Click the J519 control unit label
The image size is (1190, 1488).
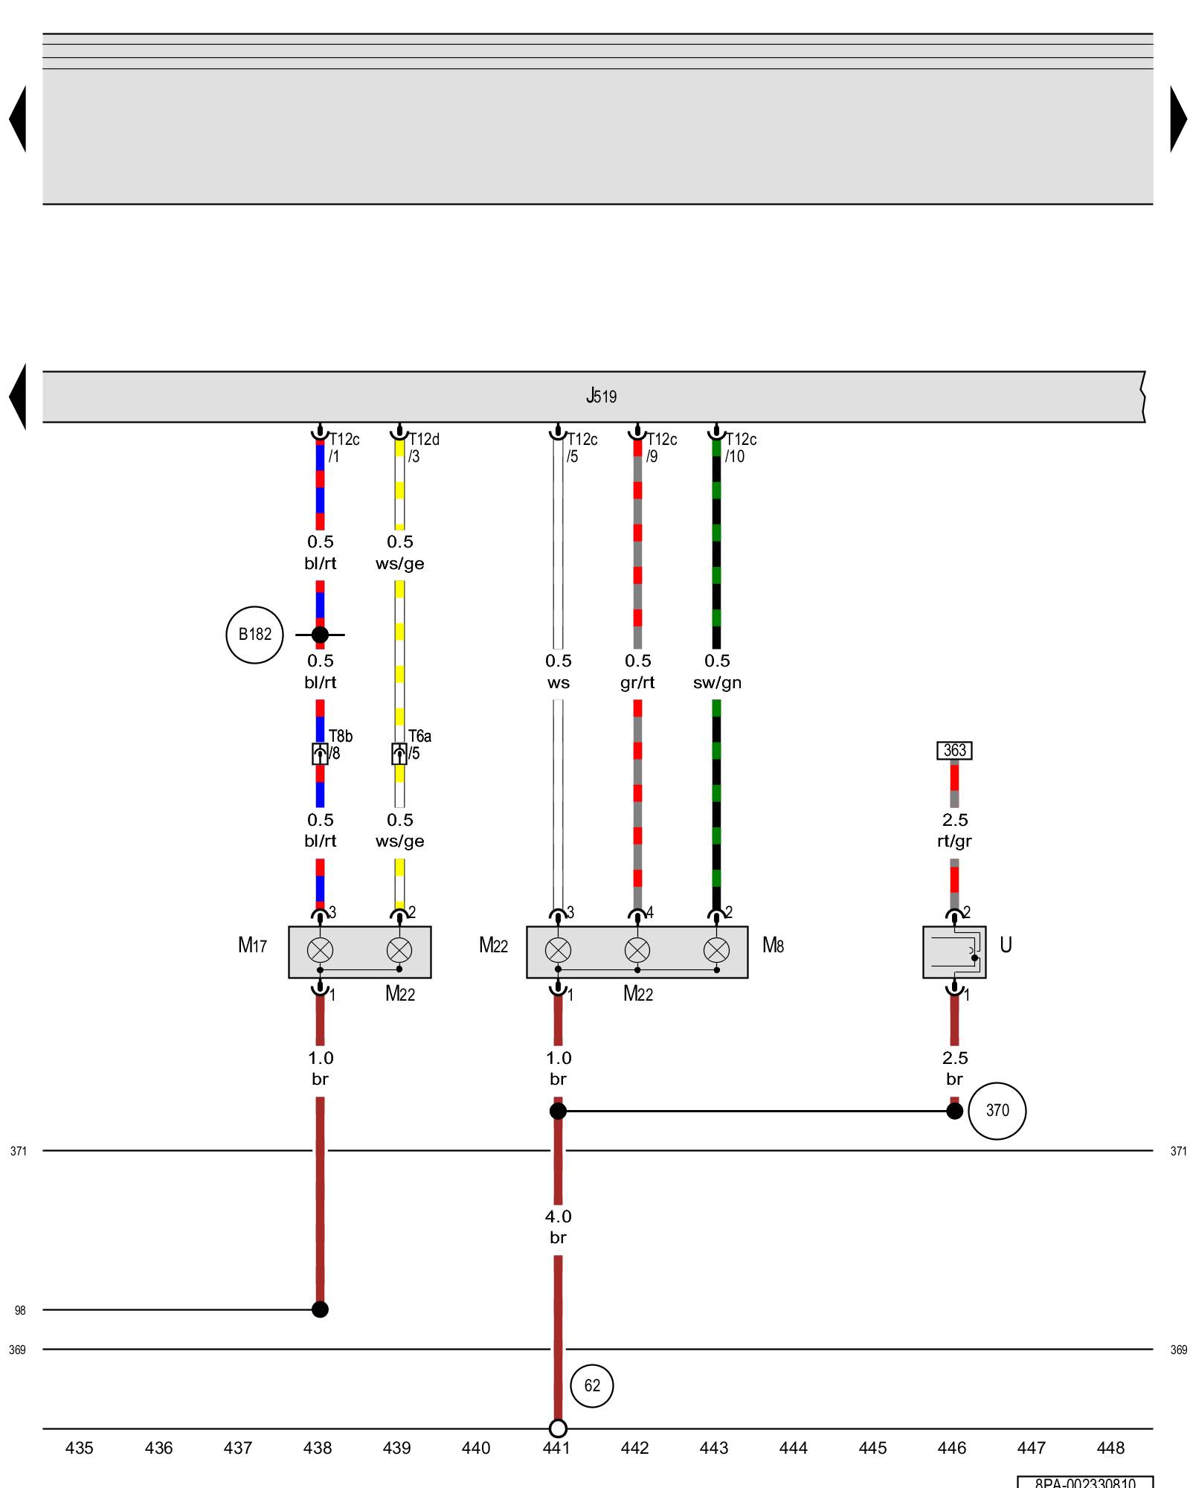pos(601,396)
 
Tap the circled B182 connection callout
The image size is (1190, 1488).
pos(254,635)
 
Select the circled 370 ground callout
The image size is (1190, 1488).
pos(997,1111)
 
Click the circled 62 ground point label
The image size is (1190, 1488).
pos(591,1386)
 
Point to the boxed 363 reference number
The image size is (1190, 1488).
pos(954,750)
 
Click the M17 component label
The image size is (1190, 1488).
pos(252,946)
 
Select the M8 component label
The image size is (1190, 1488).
pos(773,946)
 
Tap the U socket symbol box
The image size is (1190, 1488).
pos(954,952)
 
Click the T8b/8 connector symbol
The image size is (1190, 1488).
pos(320,754)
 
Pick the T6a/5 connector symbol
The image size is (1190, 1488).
pos(399,754)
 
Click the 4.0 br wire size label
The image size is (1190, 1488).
pos(558,1226)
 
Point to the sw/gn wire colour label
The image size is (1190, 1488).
pos(717,683)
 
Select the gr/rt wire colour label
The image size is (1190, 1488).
pos(637,683)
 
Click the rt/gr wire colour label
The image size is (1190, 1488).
pos(954,841)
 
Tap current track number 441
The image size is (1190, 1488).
pos(556,1448)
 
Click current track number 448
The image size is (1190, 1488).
pos(1110,1448)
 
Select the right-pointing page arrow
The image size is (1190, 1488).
pos(1178,119)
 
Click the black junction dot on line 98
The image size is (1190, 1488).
pos(320,1309)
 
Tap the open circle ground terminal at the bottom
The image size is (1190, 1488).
pos(558,1428)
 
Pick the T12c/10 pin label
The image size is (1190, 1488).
pos(740,448)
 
